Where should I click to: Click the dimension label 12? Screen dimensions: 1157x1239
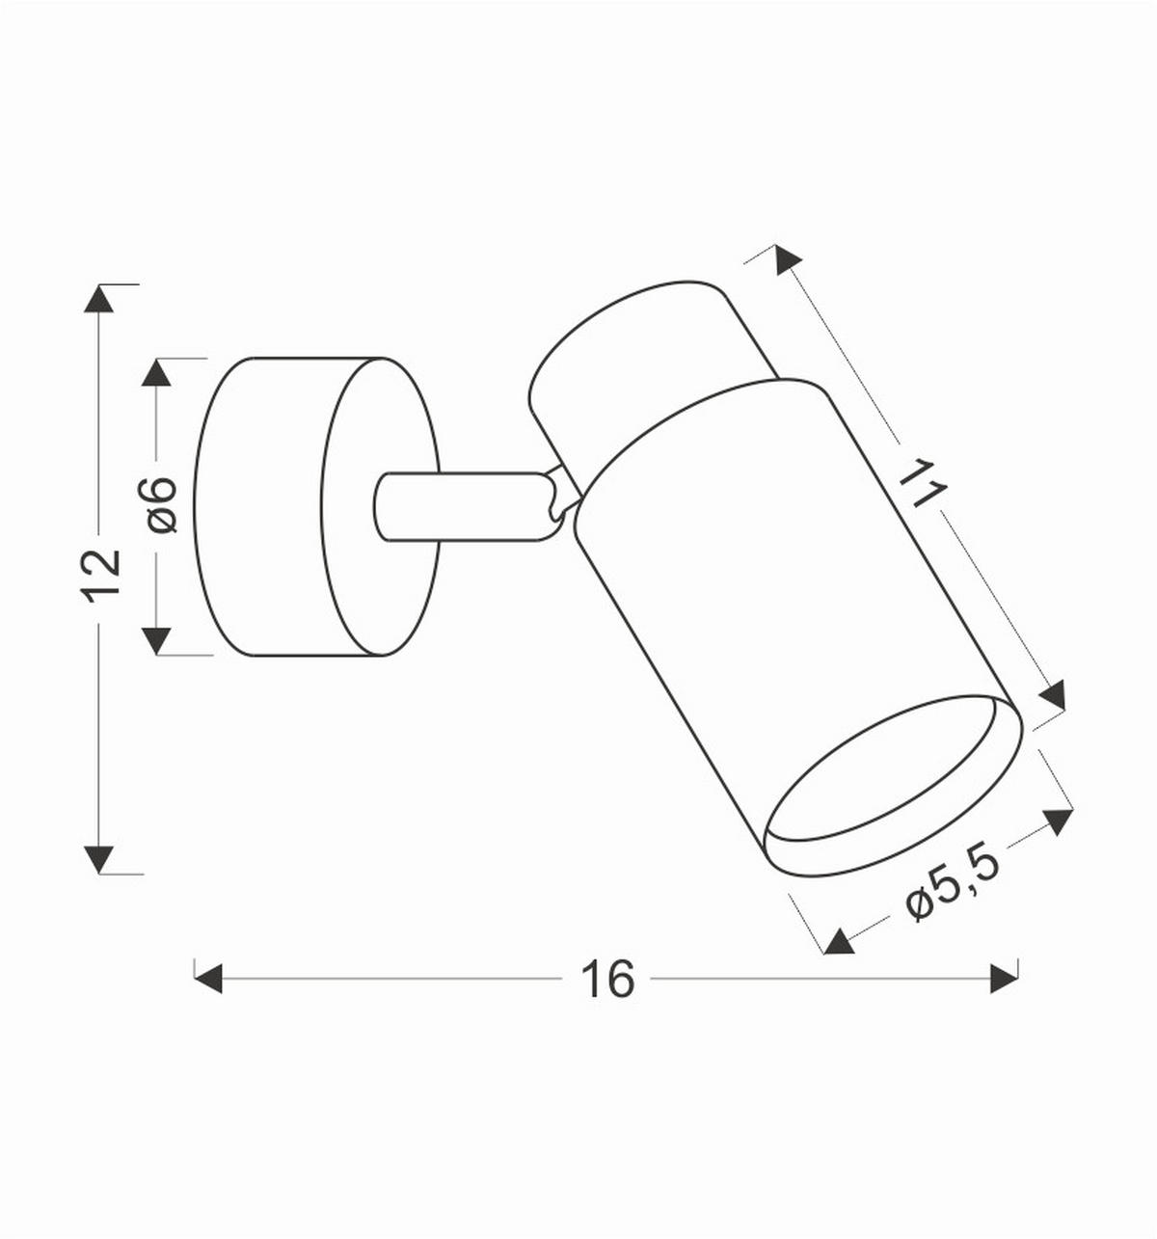(100, 577)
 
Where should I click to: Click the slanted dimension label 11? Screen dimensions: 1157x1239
(923, 484)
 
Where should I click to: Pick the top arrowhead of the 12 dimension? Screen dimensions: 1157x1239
(98, 298)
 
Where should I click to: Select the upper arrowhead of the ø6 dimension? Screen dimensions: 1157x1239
(156, 372)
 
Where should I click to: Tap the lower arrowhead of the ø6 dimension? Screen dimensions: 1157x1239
(156, 641)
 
